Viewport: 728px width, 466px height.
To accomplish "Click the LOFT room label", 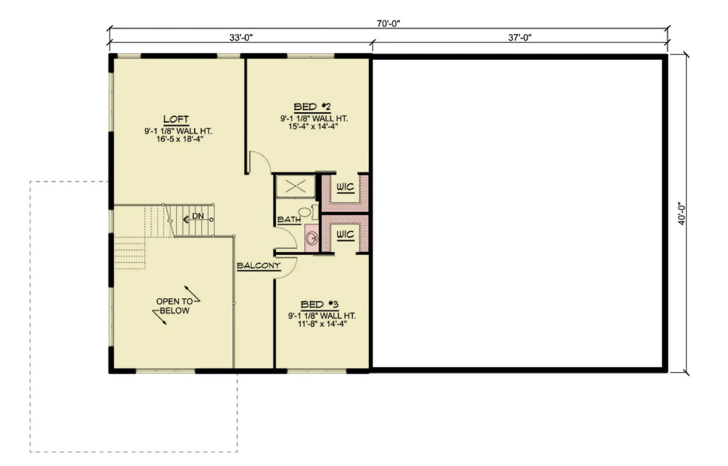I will pos(176,119).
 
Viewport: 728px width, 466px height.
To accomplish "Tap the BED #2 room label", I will pos(312,107).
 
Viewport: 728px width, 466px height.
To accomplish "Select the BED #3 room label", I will pos(320,304).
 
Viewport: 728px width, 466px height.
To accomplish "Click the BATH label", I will pos(289,220).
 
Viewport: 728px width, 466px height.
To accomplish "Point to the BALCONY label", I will pos(258,266).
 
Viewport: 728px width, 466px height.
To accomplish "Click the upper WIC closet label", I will pos(345,187).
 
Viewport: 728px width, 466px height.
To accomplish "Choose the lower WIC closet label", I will pos(345,235).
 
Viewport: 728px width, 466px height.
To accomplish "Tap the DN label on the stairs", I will pos(198,216).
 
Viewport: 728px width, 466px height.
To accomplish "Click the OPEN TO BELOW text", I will pos(174,306).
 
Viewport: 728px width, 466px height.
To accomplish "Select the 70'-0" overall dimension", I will pos(388,24).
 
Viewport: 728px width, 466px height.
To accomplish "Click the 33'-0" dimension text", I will pos(241,37).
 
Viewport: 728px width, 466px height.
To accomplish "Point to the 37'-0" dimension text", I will pos(519,37).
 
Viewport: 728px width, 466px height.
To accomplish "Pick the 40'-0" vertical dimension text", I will pos(681,214).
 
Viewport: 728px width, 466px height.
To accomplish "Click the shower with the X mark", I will pos(295,187).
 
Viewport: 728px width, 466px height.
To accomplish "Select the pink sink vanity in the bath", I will pos(312,238).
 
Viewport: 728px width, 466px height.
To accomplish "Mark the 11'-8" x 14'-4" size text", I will pos(322,323).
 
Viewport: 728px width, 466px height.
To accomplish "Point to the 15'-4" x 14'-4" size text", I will pos(314,126).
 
